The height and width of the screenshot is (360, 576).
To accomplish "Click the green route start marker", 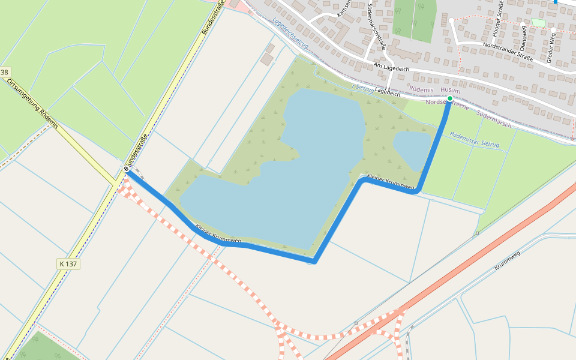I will [450, 98].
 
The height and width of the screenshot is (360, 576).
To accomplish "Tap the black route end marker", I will [127, 170].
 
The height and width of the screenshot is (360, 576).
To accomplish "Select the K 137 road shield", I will [69, 263].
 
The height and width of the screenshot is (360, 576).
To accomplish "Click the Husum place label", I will [451, 90].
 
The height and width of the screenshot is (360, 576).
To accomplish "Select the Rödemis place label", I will [421, 89].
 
